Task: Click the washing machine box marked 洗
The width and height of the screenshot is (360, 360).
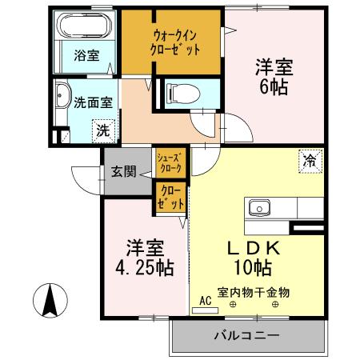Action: [x=103, y=128]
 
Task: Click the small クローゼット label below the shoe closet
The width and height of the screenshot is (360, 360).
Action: [x=170, y=197]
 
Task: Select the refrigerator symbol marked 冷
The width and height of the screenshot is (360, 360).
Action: [x=308, y=159]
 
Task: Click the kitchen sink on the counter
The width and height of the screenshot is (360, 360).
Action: [x=260, y=208]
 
